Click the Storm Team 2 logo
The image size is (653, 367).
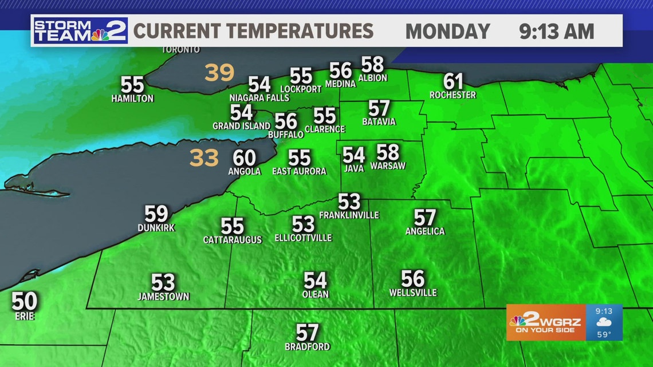tap(80, 30)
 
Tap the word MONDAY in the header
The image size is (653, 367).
tap(447, 31)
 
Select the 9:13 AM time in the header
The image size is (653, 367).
tap(557, 31)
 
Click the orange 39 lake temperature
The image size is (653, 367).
tap(220, 73)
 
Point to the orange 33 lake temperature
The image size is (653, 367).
tap(204, 158)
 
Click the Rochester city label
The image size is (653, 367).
tap(453, 94)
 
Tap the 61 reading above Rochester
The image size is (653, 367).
tap(453, 81)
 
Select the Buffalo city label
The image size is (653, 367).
tap(286, 135)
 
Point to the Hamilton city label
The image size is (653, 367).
tap(132, 98)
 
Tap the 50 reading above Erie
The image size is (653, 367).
tap(25, 301)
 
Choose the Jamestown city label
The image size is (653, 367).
tap(163, 297)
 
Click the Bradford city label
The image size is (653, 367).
tap(308, 346)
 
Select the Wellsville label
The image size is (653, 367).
tap(412, 293)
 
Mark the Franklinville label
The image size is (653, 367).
tap(349, 215)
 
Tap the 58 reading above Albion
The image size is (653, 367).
tap(372, 64)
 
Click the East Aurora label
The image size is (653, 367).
tap(299, 171)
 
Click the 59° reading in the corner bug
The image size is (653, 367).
tap(604, 334)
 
